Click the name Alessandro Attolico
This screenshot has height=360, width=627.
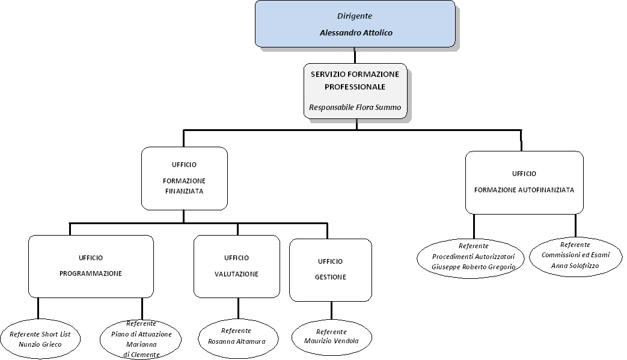pos(356,33)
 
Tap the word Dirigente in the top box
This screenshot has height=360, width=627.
pos(355,16)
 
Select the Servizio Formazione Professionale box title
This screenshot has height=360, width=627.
pos(355,81)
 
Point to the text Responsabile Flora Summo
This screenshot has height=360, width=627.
pos(355,107)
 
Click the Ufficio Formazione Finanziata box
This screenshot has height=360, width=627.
pos(185,178)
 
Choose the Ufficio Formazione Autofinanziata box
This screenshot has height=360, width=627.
pos(524,182)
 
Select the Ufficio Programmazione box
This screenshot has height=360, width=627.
pos(91,266)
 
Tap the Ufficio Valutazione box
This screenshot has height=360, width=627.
pos(237,266)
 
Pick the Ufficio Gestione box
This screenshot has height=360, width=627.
pos(331,270)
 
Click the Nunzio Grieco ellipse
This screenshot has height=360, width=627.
pos(40,339)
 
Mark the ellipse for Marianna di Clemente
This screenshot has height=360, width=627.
pos(141,339)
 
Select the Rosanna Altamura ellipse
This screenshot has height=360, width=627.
pos(238,338)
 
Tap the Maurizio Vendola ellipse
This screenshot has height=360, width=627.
pos(331,337)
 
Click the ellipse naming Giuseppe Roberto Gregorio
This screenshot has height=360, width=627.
pos(471,258)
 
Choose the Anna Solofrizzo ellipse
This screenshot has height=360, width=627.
pos(576,256)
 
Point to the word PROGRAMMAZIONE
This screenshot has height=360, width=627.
pos(91,273)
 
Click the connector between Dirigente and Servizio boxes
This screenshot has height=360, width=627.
pos(355,55)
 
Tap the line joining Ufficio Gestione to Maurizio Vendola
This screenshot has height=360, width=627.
pos(331,310)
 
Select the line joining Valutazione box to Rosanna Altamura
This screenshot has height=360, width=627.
pos(238,308)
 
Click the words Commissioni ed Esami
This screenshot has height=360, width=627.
pos(576,255)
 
